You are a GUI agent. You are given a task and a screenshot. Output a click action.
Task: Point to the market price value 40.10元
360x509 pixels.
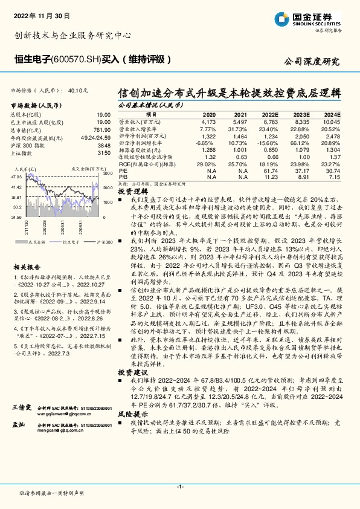click(79, 90)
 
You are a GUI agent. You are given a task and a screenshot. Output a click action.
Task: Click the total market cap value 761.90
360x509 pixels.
click(103, 129)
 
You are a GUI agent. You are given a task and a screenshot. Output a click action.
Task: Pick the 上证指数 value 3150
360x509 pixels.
click(104, 153)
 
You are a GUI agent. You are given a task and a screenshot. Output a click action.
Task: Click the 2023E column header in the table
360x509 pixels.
click(301, 114)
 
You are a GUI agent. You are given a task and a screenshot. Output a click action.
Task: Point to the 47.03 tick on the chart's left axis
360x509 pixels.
click(17, 177)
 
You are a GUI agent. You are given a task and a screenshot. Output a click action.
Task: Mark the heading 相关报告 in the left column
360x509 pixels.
click(27, 267)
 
